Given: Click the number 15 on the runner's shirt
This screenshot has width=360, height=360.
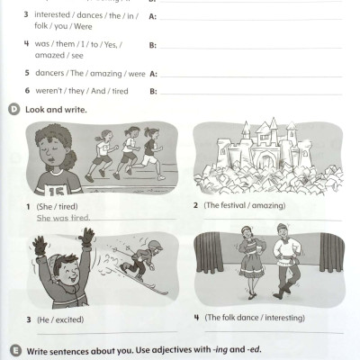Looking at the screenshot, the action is point(56,190).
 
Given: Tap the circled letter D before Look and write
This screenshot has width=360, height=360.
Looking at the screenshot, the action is point(13,110).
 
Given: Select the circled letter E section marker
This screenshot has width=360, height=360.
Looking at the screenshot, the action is point(15,350).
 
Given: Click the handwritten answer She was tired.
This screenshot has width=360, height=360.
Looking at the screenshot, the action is point(63,218).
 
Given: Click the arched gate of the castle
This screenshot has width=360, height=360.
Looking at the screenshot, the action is point(265,159).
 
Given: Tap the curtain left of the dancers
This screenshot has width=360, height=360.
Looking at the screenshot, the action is point(208,253).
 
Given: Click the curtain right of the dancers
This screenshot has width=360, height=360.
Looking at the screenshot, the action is point(331,253).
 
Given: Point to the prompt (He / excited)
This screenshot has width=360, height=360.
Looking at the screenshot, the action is point(60,319).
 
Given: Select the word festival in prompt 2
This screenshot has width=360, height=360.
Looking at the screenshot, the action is point(232,205).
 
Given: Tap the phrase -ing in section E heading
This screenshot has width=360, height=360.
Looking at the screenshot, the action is point(220,350).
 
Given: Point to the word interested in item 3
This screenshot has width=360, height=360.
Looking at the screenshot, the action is point(52,14).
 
